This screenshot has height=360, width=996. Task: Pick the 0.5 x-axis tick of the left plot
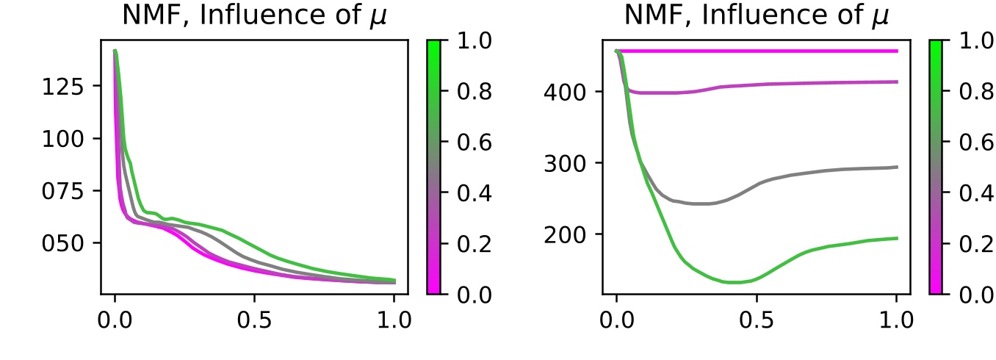pos(254,321)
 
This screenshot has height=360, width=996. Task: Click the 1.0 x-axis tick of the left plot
pos(394,321)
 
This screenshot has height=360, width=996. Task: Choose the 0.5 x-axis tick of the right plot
pos(757,321)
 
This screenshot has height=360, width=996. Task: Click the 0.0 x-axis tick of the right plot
pos(616,321)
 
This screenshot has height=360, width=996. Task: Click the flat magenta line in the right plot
pos(757,51)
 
